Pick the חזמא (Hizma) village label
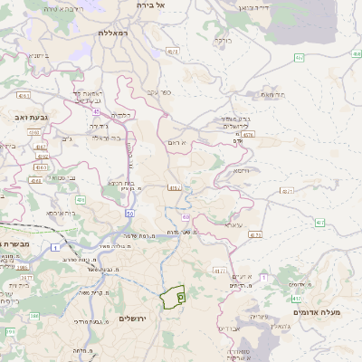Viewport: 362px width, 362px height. (240, 170)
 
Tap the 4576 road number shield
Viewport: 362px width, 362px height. (248, 134)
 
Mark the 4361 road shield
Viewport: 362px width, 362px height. (24, 94)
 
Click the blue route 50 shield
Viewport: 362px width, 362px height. (130, 214)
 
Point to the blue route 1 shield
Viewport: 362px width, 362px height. (55, 247)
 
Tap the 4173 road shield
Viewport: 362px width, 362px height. (255, 233)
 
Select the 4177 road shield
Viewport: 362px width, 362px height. (219, 270)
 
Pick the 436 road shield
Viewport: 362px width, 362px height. (81, 199)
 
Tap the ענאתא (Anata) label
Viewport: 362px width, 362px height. (234, 224)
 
